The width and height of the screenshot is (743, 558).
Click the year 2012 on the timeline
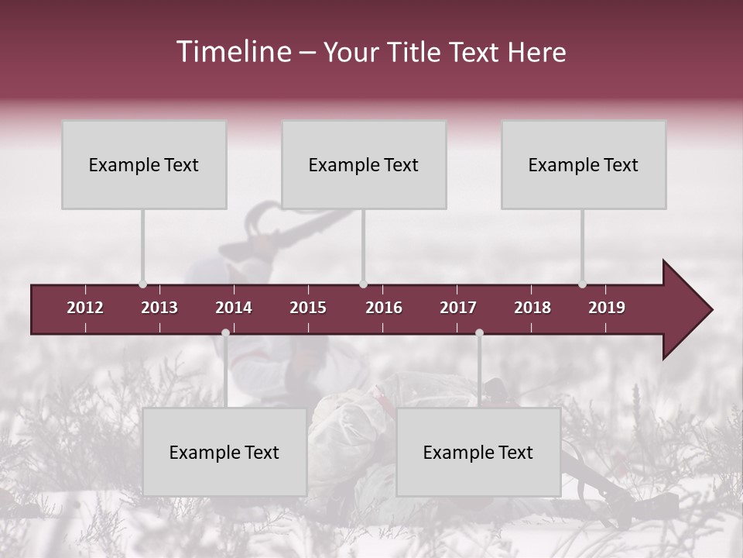(85, 308)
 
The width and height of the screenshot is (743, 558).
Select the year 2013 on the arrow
(159, 308)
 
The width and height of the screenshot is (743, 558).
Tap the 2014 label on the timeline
(234, 308)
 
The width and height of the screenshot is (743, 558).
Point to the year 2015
(308, 308)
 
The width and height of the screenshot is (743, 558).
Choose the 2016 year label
(384, 308)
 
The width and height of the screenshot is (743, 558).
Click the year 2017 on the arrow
(458, 308)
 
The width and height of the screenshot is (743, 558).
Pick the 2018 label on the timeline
(532, 308)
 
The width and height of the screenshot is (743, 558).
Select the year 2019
(607, 308)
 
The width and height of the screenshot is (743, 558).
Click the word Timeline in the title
(233, 52)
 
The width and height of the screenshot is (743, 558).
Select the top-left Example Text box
(144, 164)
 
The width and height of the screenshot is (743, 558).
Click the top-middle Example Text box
(364, 164)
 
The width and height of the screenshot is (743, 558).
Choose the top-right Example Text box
(584, 164)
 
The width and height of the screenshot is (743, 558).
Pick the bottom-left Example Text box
(224, 452)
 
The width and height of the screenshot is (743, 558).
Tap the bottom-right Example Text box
(478, 452)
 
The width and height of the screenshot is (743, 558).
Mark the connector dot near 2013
(142, 284)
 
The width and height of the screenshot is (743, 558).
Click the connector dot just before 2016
(363, 284)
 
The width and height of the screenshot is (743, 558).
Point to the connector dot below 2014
(225, 332)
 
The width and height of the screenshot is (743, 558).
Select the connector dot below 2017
(479, 332)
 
